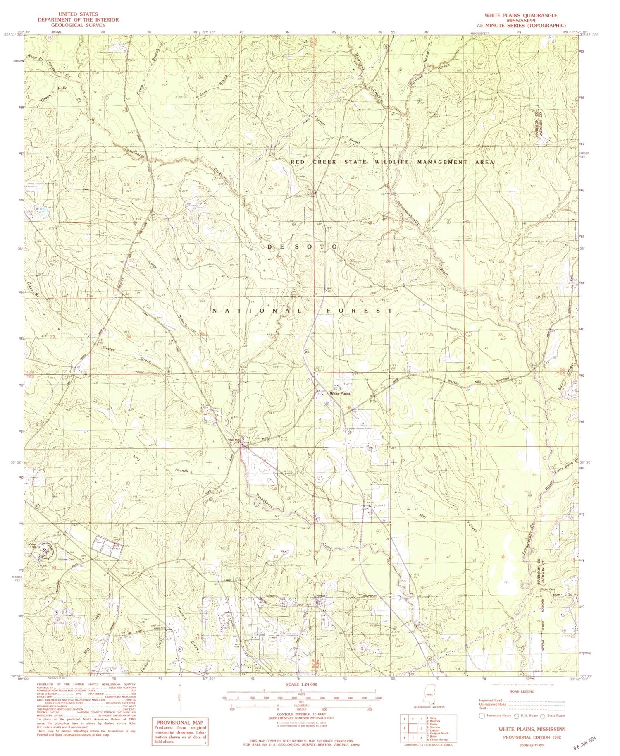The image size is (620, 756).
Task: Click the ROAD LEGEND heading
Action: point(522,691)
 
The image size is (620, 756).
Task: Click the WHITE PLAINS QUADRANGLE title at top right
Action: point(520,15)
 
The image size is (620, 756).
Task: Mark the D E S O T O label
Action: point(303,246)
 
